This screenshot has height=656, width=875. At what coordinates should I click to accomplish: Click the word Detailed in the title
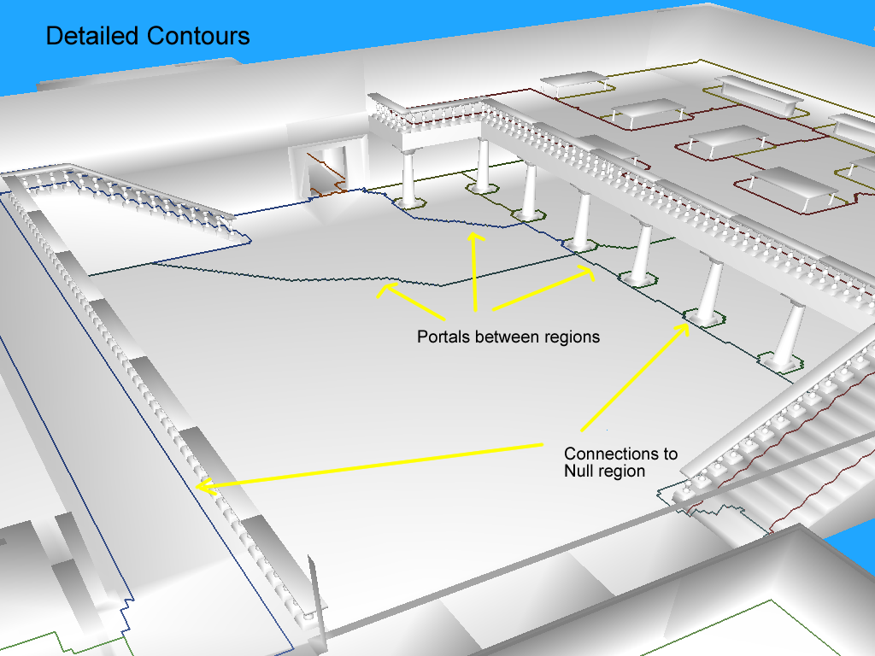92,37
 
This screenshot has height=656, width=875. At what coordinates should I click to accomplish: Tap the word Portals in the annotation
441,337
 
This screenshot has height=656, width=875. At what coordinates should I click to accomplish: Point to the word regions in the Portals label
572,337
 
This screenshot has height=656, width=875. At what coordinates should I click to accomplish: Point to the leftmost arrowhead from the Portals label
385,290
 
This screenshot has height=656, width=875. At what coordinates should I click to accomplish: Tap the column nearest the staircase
790,333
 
